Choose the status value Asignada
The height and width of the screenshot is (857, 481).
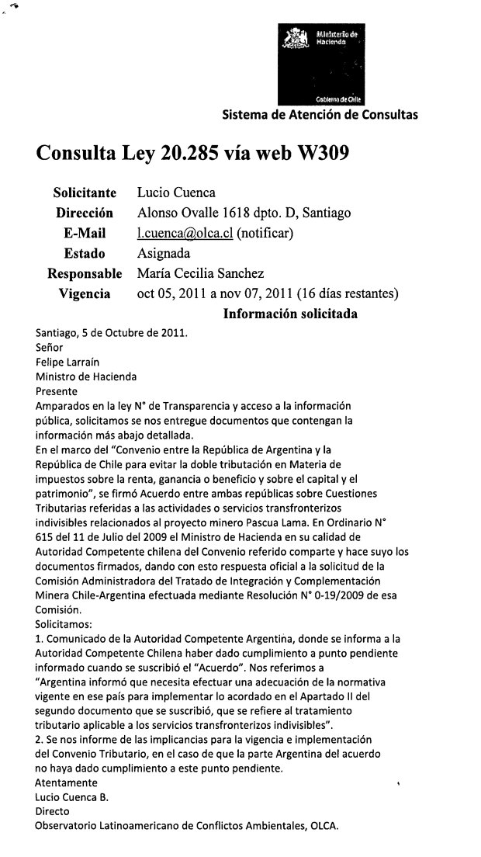163,253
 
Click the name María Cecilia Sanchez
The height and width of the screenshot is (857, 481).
200,273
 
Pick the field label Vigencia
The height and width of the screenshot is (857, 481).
85,293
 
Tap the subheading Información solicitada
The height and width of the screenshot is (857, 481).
290,314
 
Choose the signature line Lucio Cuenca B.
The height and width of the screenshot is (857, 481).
73,796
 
